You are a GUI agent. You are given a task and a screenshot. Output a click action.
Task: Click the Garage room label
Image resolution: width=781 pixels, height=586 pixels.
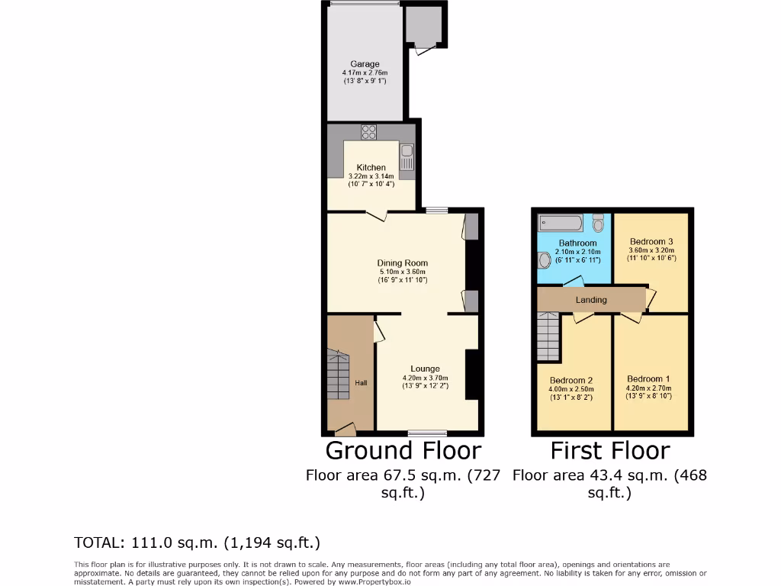pos(365,64)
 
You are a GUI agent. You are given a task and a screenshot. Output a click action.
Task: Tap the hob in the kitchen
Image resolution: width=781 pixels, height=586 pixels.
pos(369,131)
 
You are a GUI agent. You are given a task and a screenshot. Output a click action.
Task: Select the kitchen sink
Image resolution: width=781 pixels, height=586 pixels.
pos(407,157)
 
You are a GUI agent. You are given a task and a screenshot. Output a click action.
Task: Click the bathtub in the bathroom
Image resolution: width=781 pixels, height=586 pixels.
pos(561,223)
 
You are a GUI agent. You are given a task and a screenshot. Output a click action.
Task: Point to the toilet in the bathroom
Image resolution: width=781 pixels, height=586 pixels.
pos(598,222)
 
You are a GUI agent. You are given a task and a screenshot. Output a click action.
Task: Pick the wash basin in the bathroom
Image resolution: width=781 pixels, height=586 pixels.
pos(544,261)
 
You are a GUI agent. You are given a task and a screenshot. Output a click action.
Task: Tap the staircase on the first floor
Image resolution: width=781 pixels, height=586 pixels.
pos(548,337)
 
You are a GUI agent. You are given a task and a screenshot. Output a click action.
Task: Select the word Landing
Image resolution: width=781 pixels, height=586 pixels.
pos(591,300)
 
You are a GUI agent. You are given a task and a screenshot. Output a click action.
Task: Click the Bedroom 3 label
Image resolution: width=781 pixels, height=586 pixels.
pos(651,241)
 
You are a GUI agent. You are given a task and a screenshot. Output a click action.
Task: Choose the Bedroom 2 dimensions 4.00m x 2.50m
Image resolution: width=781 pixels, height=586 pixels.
pos(571,389)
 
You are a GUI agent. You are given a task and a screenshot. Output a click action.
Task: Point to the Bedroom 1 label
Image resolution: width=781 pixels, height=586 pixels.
pos(648,378)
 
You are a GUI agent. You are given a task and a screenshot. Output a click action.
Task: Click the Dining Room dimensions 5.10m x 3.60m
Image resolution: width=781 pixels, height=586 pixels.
pos(402,272)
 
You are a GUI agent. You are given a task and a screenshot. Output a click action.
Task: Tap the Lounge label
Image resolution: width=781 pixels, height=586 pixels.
pos(425,369)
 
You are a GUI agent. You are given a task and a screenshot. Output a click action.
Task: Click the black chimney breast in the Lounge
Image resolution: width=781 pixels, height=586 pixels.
pos(471,374)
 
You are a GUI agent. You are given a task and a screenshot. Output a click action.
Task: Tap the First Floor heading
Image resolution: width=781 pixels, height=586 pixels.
pos(609,450)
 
